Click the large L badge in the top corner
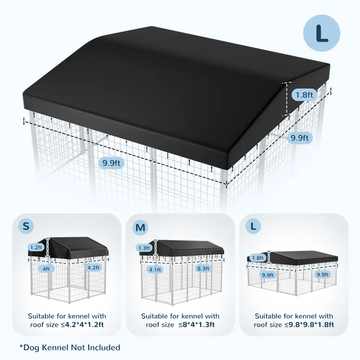click(321, 33)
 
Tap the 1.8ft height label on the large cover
click(304, 95)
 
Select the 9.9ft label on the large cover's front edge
click(111, 163)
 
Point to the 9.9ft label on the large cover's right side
click(300, 138)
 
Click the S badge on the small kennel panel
click(26, 226)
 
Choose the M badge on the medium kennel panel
click(140, 228)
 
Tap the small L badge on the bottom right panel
click(253, 226)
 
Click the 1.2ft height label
click(36, 247)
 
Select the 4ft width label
click(46, 269)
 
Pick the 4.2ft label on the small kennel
click(94, 267)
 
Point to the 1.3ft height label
click(144, 248)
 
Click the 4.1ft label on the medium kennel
click(155, 269)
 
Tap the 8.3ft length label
click(203, 269)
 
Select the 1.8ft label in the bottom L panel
click(258, 258)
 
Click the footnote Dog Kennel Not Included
click(70, 347)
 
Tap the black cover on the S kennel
click(69, 248)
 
